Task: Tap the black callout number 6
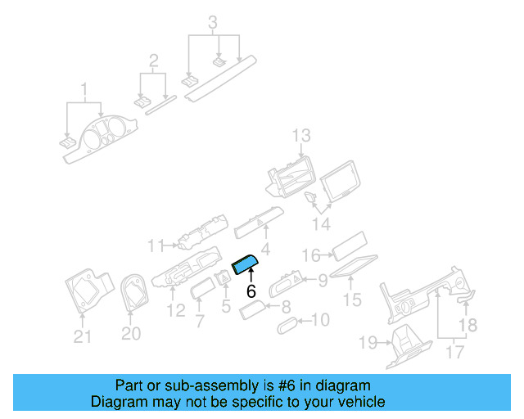[251, 291]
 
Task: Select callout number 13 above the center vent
[301, 136]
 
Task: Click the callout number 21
[82, 336]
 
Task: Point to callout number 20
[131, 333]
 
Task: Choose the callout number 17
[455, 352]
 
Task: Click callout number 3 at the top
[213, 23]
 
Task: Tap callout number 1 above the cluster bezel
[84, 90]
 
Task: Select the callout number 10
[320, 320]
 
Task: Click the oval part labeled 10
[287, 326]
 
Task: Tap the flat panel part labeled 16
[350, 246]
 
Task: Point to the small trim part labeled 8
[252, 309]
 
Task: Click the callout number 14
[322, 224]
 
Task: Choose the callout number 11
[156, 246]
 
